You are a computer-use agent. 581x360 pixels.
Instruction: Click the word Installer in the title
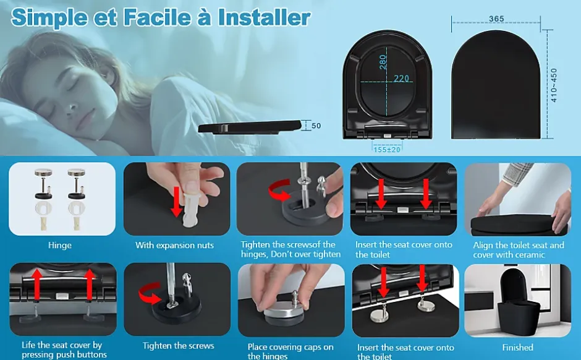pyautogui.click(x=264, y=17)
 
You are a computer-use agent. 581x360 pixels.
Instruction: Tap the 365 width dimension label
pyautogui.click(x=496, y=19)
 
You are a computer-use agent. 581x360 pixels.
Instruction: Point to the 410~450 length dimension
pyautogui.click(x=554, y=85)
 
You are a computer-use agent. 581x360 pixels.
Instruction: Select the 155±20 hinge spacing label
pyautogui.click(x=387, y=150)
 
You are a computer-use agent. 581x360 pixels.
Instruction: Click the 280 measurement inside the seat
pyautogui.click(x=383, y=62)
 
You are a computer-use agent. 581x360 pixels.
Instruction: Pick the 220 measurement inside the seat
pyautogui.click(x=401, y=79)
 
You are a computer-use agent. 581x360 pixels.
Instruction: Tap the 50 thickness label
pyautogui.click(x=316, y=126)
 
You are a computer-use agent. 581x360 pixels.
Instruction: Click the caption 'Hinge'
pyautogui.click(x=60, y=245)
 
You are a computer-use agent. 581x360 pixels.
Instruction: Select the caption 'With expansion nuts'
pyautogui.click(x=174, y=245)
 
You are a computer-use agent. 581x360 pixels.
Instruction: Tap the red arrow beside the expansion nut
pyautogui.click(x=177, y=202)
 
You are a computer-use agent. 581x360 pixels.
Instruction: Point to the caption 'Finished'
pyautogui.click(x=517, y=348)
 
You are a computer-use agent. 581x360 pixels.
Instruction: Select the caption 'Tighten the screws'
pyautogui.click(x=178, y=346)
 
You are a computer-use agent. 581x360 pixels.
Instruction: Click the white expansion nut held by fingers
pyautogui.click(x=192, y=210)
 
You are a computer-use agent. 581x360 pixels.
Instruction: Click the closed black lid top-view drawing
pyautogui.click(x=496, y=85)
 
